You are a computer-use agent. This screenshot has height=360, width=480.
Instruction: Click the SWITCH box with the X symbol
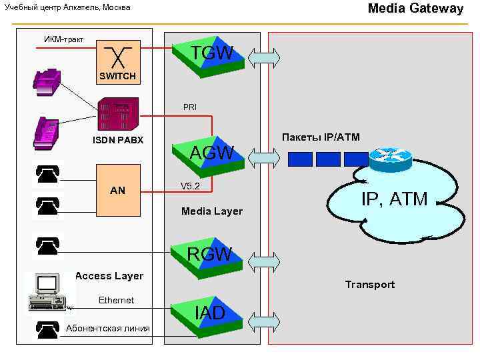tap(117, 57)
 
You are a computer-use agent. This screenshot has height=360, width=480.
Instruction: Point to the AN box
tap(117, 190)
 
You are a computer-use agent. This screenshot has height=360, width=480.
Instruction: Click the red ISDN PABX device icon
tap(118, 114)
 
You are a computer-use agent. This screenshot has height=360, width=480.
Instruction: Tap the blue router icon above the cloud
tap(391, 157)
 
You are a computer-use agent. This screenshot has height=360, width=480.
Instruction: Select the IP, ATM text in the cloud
tap(394, 198)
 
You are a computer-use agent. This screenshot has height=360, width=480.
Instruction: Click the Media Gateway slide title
tap(415, 9)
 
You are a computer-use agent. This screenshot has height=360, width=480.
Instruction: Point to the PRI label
tap(190, 107)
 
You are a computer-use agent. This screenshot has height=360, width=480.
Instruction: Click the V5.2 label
tap(191, 187)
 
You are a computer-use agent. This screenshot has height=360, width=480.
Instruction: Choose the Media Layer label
tap(212, 211)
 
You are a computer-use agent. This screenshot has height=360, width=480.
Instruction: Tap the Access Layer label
tap(109, 276)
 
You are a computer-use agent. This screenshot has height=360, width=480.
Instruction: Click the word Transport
tap(370, 285)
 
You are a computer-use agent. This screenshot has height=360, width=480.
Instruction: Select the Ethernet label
tap(116, 301)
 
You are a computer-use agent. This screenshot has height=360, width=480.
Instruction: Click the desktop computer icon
tap(47, 292)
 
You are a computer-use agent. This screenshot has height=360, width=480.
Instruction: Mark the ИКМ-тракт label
tap(63, 39)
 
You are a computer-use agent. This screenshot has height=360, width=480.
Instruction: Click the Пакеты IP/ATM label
tap(321, 137)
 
